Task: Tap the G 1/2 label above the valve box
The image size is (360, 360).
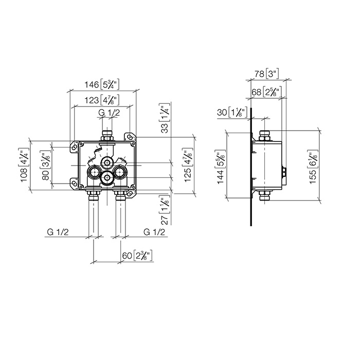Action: pyautogui.click(x=109, y=113)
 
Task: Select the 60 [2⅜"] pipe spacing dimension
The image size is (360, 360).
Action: pyautogui.click(x=137, y=256)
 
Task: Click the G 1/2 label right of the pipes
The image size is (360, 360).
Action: pyautogui.click(x=155, y=232)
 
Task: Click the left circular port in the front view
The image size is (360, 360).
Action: pyautogui.click(x=94, y=172)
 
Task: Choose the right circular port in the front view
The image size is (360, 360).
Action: pyautogui.click(x=119, y=172)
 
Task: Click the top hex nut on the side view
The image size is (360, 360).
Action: pyautogui.click(x=265, y=136)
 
